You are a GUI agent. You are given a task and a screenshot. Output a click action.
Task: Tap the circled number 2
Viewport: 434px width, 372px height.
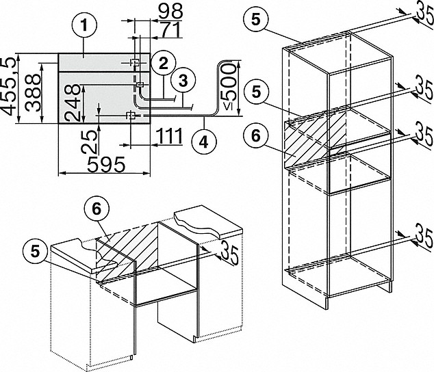(x=162, y=64)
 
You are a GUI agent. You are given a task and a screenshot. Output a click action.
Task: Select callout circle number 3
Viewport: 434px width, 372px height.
(x=181, y=80)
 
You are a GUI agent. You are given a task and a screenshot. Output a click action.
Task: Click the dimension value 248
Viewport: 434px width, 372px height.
(x=73, y=103)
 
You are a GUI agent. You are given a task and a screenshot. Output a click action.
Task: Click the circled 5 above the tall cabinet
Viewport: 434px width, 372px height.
(x=255, y=19)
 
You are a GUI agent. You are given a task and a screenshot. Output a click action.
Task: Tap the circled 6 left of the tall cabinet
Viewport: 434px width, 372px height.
(x=255, y=135)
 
